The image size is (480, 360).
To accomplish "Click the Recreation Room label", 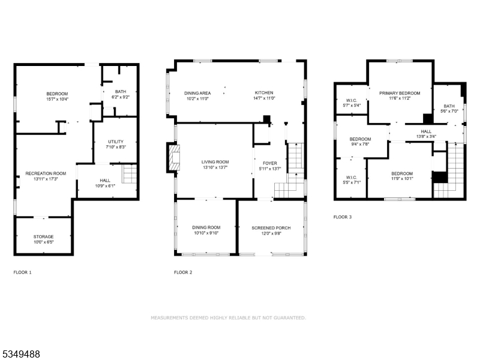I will [x=46, y=173].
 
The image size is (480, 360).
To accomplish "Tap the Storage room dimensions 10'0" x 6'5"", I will [x=43, y=242].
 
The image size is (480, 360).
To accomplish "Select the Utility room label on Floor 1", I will [x=116, y=141].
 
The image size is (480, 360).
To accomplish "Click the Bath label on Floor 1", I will [x=121, y=91].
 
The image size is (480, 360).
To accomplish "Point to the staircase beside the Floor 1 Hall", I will [x=130, y=175].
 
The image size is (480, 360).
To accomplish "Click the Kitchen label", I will [x=263, y=93].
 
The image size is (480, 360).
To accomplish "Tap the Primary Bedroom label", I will [x=400, y=93].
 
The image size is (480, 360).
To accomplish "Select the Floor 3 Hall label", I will [x=426, y=131].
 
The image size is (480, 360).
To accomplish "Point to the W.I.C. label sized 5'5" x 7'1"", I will [x=351, y=178].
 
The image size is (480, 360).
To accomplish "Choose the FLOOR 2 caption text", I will [x=183, y=272].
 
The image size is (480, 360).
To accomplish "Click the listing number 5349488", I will [x=22, y=355].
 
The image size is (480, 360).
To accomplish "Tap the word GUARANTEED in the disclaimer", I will [x=287, y=317].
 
